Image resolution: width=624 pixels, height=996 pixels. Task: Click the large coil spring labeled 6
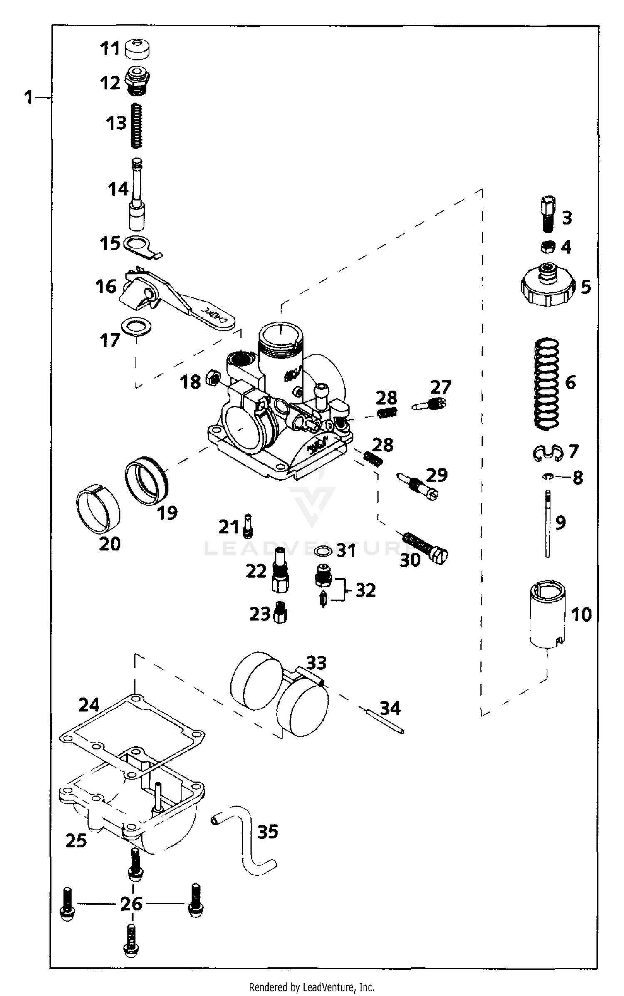[546, 383]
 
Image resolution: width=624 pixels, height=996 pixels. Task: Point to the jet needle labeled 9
[548, 524]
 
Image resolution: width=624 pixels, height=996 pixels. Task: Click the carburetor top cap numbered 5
[547, 286]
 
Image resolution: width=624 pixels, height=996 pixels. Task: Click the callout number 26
[131, 904]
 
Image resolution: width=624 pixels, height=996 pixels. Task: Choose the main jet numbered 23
[280, 613]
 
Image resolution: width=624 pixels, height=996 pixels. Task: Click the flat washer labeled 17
[136, 327]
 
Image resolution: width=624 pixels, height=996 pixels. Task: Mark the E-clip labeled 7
[548, 453]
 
